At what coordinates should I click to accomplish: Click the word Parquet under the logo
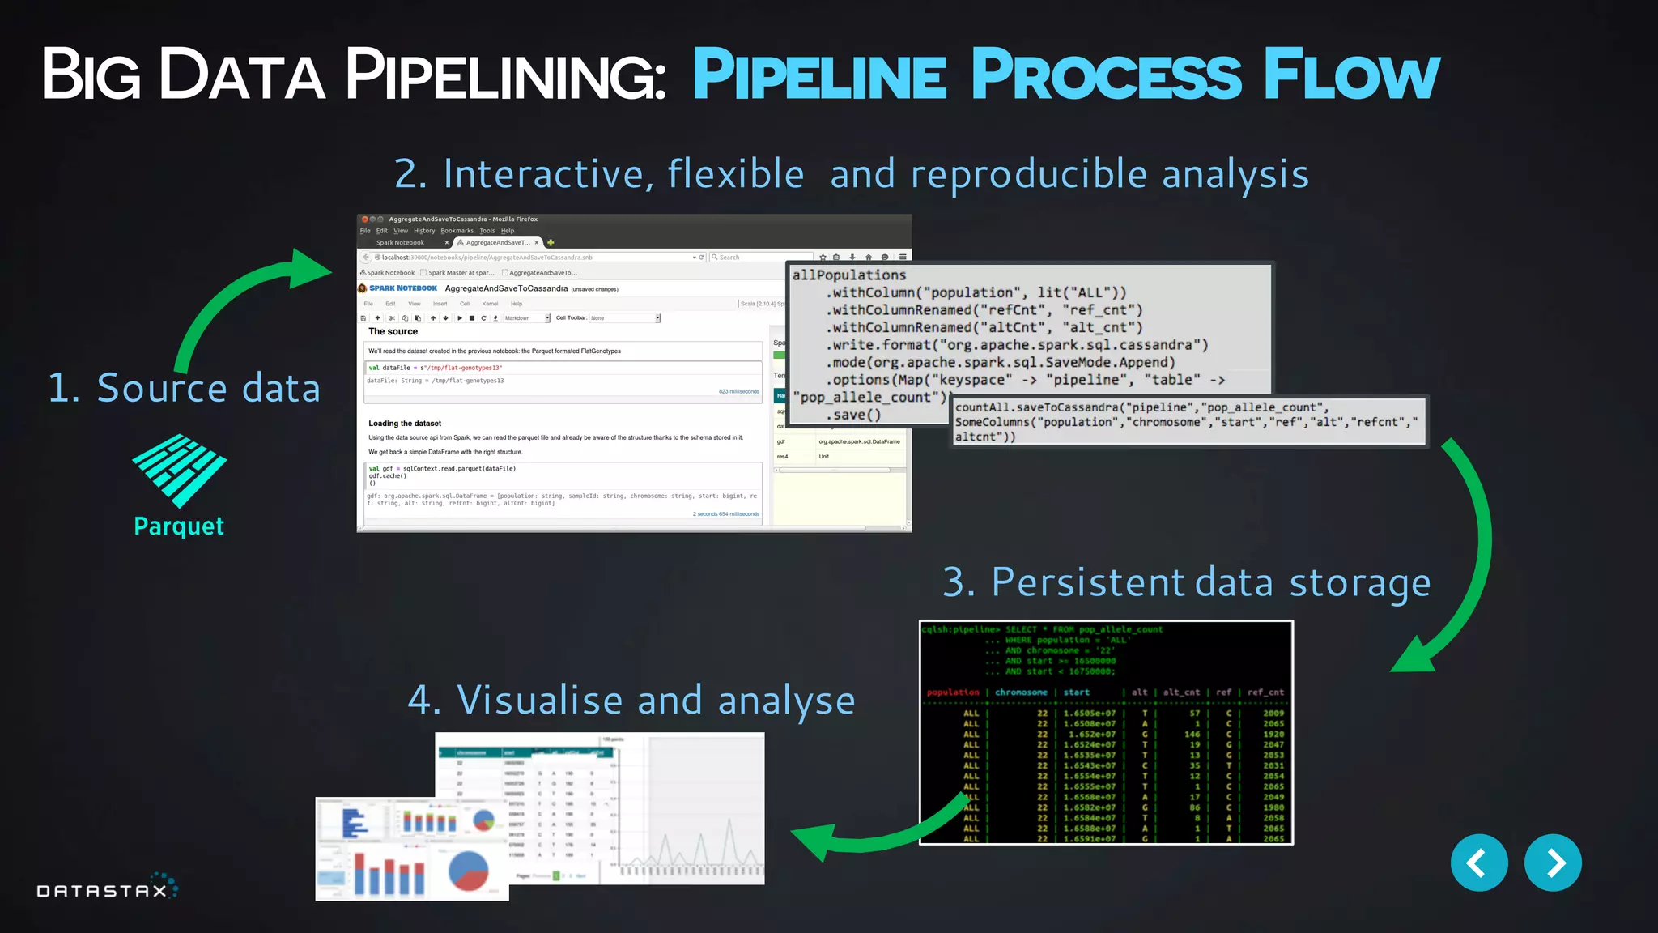pos(179,526)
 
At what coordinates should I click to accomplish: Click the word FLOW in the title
pos(1351,75)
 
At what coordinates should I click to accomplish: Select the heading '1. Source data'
pos(185,388)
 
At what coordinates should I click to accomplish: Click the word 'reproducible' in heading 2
pos(1028,174)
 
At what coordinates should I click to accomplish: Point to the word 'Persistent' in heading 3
pos(1088,582)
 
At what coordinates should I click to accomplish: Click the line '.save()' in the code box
pos(853,415)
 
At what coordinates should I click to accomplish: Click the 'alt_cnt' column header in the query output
pos(1181,692)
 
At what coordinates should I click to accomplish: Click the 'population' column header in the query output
pos(953,692)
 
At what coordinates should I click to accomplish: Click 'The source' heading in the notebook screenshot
pos(393,331)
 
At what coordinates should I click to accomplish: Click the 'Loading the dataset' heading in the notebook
pos(405,424)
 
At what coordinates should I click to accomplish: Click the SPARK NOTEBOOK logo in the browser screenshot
pos(402,288)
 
